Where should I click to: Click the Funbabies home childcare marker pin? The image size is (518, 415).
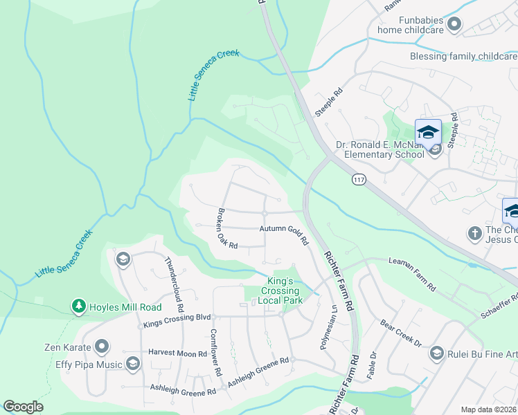(454, 25)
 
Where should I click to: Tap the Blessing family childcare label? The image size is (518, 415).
(463, 56)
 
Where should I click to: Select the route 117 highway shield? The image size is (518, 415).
(359, 180)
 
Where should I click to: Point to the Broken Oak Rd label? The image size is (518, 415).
(226, 228)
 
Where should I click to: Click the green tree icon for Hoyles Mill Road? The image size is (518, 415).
(79, 306)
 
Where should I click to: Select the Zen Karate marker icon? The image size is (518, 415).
(102, 345)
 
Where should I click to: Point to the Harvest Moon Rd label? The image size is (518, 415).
(178, 353)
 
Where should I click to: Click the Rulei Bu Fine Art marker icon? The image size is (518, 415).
(436, 354)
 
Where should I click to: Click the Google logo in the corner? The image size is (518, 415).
(23, 407)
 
